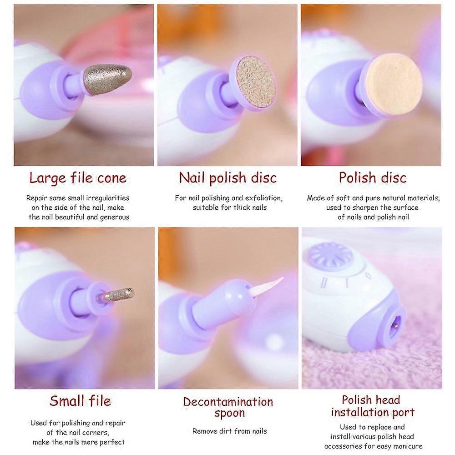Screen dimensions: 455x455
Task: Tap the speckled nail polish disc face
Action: (x=255, y=82)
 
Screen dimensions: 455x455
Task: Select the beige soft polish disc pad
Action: (x=393, y=84)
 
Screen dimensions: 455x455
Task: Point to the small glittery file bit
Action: (x=119, y=294)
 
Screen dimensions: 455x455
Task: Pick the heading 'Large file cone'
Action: (x=78, y=178)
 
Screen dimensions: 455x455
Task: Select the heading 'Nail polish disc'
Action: (x=228, y=177)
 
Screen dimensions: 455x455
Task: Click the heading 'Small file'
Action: (x=80, y=401)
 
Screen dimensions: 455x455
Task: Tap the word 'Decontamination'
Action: (x=228, y=402)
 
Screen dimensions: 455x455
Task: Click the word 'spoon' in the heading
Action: (x=229, y=413)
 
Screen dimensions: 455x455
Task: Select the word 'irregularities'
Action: (x=108, y=198)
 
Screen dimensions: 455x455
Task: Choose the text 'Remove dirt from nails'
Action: (x=229, y=431)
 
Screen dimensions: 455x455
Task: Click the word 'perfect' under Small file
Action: (x=112, y=442)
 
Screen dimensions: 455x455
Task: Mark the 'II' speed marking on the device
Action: (x=324, y=283)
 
